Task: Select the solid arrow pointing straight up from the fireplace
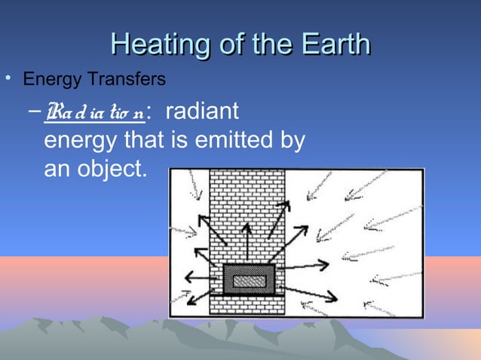click(x=246, y=239)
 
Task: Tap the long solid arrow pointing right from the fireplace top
click(x=302, y=265)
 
